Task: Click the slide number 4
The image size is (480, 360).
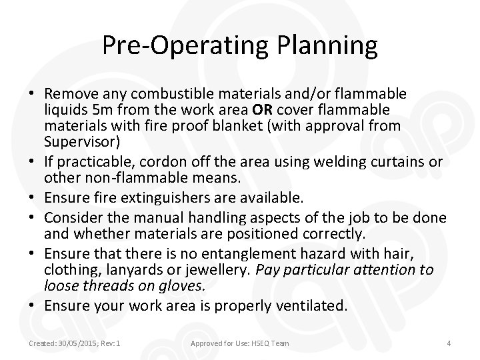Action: click(x=449, y=343)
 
